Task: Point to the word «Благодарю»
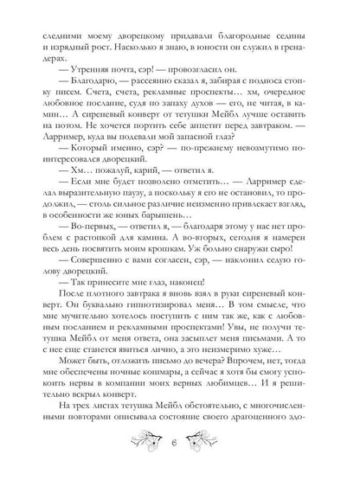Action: (x=81, y=85)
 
